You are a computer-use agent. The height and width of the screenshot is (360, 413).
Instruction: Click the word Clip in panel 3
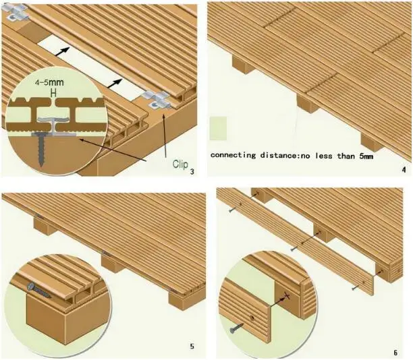pos(178,163)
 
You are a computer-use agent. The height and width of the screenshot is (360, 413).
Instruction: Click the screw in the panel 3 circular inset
pos(42,148)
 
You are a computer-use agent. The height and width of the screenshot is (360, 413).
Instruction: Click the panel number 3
pos(192,171)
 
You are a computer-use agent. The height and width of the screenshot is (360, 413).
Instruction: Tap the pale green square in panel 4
pos(220,129)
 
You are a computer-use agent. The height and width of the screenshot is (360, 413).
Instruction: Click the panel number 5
pos(192,347)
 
